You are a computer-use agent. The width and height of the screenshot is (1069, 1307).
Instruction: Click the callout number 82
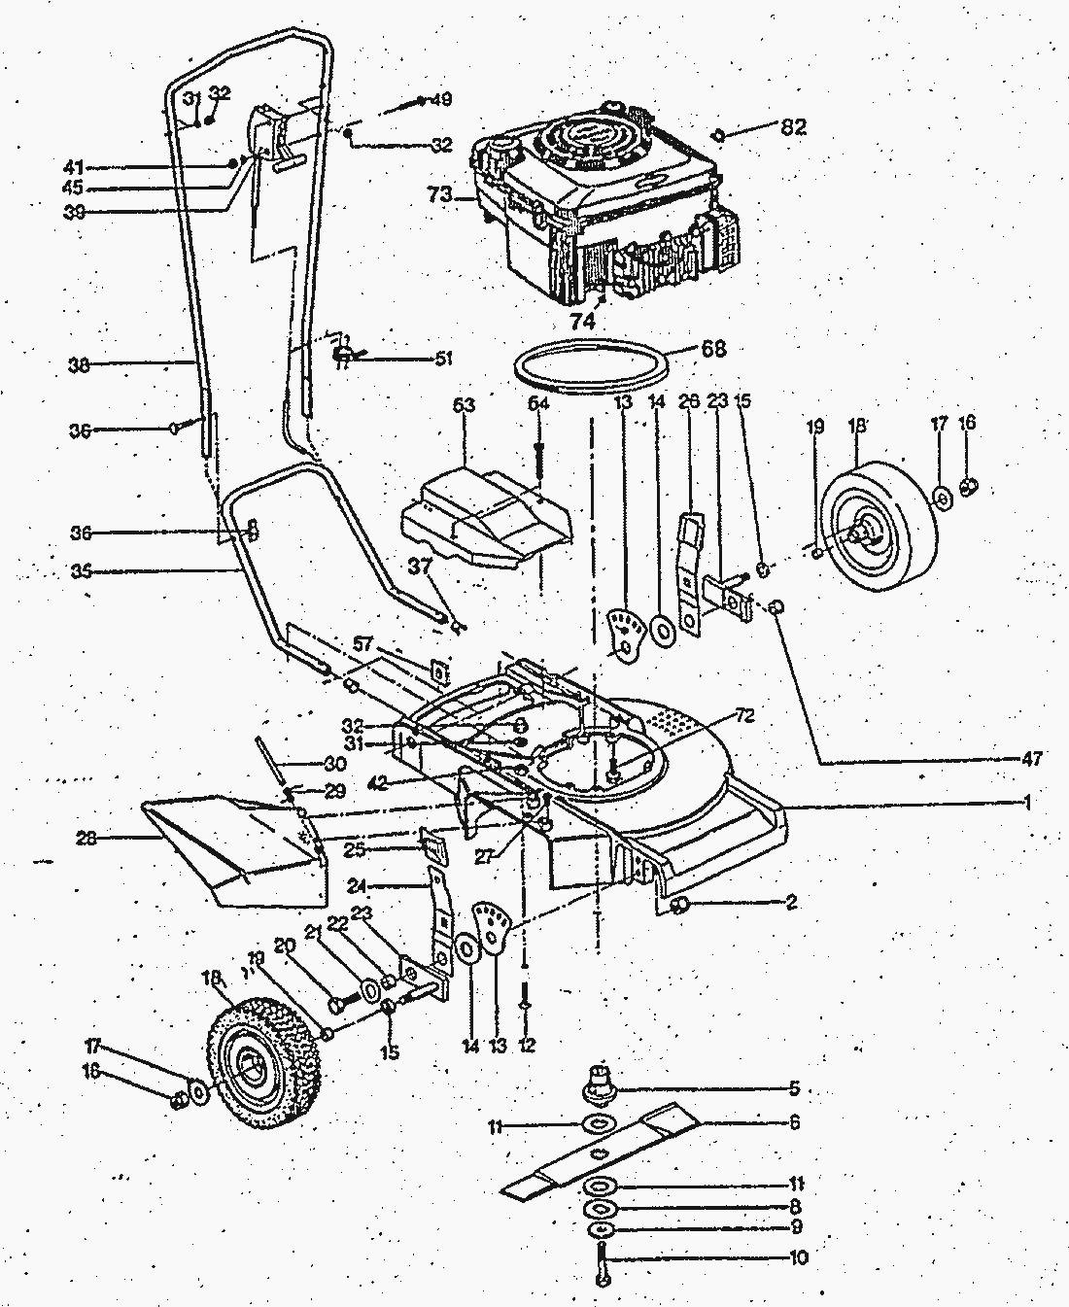coord(793,127)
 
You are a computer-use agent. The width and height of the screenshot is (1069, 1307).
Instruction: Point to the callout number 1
coord(1026,803)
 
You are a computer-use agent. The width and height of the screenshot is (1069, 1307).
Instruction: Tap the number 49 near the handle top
coord(441,99)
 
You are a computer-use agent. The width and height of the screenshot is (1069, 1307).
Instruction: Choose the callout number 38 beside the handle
coord(79,366)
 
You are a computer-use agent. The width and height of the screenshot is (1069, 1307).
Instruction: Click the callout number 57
coord(363,644)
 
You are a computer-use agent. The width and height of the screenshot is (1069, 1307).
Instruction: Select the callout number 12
coord(526,1046)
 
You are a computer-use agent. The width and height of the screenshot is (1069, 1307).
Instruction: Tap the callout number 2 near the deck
coord(791,903)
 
